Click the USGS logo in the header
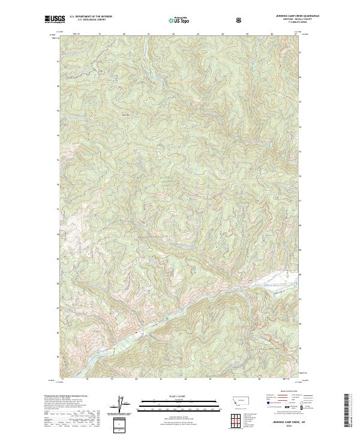pyautogui.click(x=55, y=19)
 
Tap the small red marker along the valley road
pyautogui.click(x=136, y=332)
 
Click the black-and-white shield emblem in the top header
pyautogui.click(x=239, y=20)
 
